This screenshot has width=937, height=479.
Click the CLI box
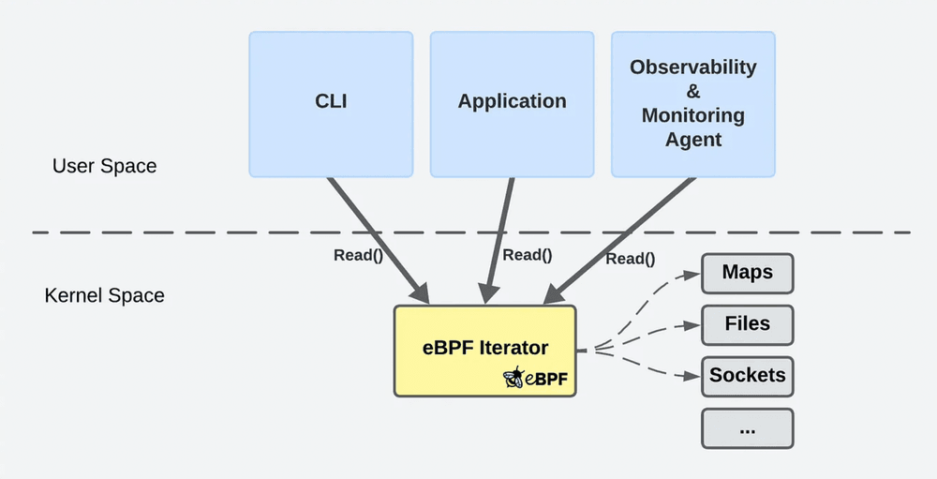tap(330, 103)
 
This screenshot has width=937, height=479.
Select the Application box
tap(512, 103)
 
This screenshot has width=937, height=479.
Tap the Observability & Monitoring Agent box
tap(692, 103)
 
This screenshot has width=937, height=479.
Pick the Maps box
tap(747, 273)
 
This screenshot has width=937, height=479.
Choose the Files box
tap(747, 324)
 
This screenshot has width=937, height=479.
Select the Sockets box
tap(747, 376)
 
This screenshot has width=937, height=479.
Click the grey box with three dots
tap(747, 427)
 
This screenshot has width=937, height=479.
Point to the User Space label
tap(104, 167)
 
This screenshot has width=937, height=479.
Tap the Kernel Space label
tap(104, 296)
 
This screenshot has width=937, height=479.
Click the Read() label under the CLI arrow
tap(358, 255)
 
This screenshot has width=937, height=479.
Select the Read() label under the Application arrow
tap(527, 254)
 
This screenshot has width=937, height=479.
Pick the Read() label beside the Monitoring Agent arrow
tap(630, 260)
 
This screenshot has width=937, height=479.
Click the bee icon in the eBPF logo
tap(513, 378)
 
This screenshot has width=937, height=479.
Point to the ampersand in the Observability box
tap(692, 92)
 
